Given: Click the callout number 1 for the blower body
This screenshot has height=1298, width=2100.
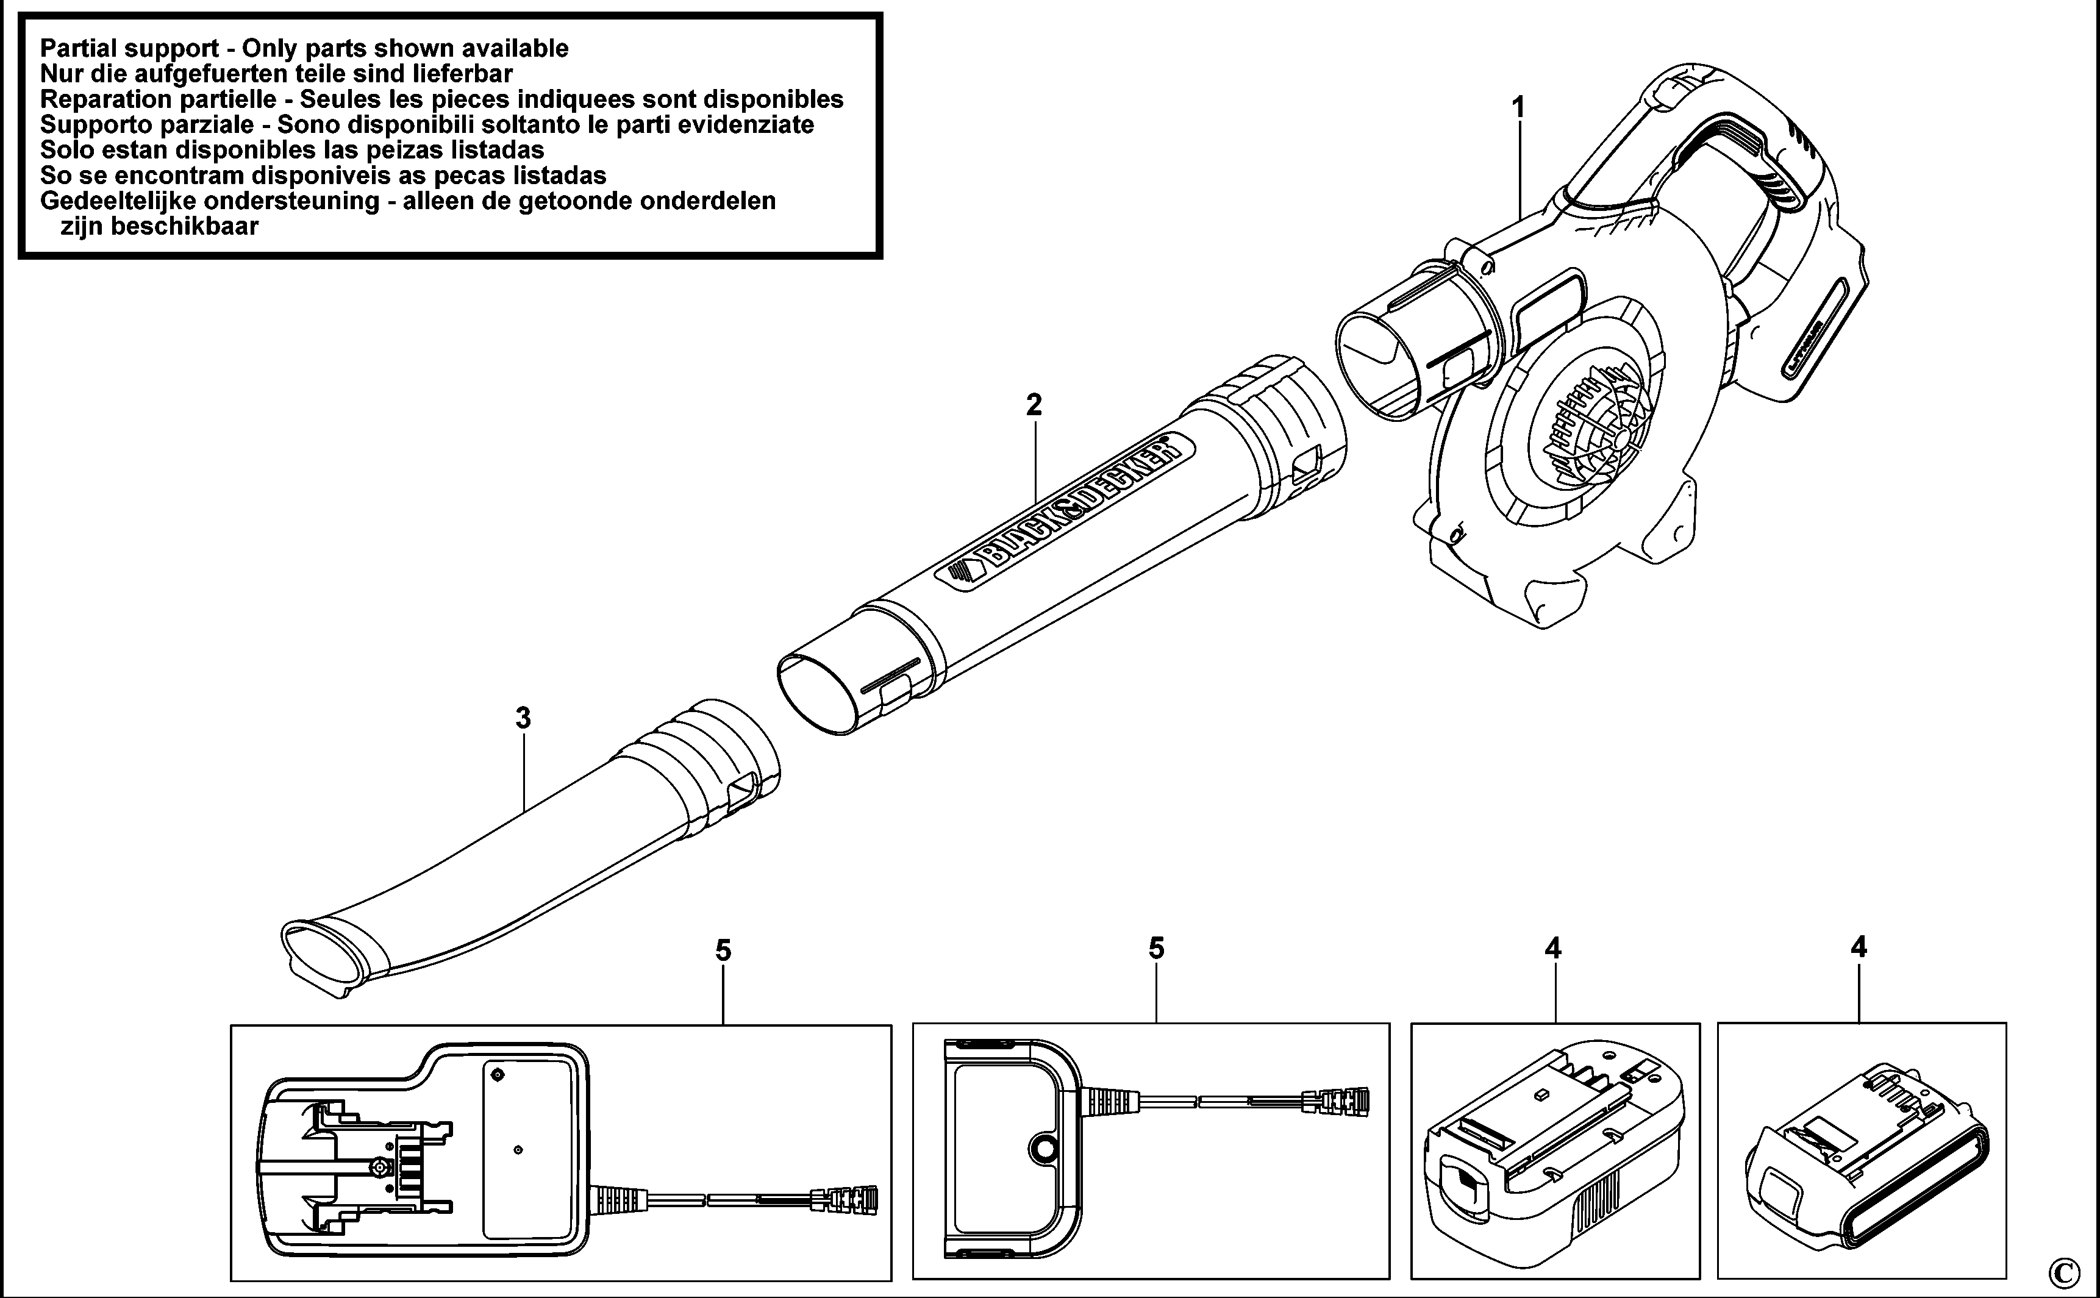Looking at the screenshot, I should coord(1518,108).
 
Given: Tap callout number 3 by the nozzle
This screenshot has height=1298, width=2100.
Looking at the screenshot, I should coord(523,718).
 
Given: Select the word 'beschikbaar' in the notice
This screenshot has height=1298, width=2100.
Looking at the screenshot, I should coord(160,227).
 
